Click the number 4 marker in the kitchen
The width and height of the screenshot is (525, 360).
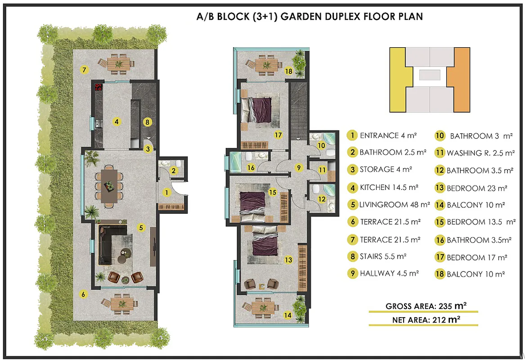[116, 121]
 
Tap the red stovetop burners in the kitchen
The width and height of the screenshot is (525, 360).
[99, 87]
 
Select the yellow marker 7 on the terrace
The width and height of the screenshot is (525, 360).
[84, 70]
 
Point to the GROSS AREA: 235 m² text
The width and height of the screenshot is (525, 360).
[426, 306]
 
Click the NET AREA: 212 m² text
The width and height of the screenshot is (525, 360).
[426, 319]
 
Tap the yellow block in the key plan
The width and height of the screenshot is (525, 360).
[401, 80]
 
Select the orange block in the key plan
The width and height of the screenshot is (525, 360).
[459, 80]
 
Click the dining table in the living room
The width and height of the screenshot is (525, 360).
[109, 186]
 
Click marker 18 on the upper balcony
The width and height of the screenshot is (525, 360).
[289, 71]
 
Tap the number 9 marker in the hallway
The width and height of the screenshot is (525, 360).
[299, 167]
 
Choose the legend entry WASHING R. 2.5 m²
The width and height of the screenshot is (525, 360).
[475, 153]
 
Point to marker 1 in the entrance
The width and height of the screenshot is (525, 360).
[166, 192]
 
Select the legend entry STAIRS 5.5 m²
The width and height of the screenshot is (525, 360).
[377, 256]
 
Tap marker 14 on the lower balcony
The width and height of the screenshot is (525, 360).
[287, 315]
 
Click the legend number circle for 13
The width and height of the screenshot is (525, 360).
[440, 188]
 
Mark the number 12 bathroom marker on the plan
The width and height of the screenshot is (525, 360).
[322, 199]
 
